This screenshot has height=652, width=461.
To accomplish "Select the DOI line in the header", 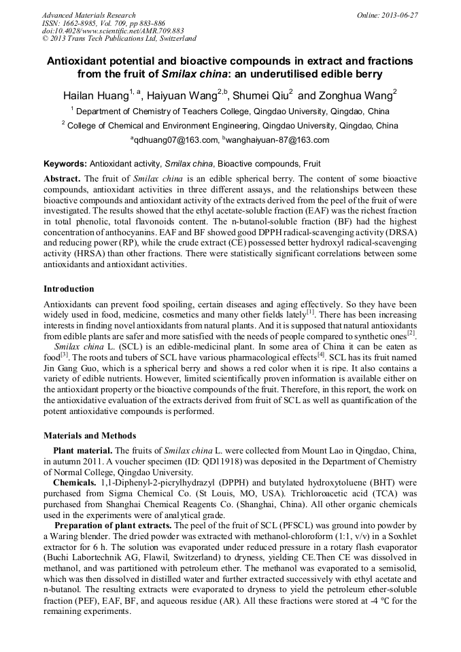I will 113,31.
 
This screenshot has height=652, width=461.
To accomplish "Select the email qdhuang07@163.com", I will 175,140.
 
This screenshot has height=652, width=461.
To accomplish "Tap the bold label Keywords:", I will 65,164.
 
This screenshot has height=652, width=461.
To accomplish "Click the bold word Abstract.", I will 62,178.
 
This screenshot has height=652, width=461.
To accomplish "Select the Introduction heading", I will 69,289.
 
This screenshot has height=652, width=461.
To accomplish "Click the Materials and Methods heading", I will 90,435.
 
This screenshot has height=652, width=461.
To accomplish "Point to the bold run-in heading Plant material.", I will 83,450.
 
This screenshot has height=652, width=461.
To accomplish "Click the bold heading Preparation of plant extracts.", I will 113,526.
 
